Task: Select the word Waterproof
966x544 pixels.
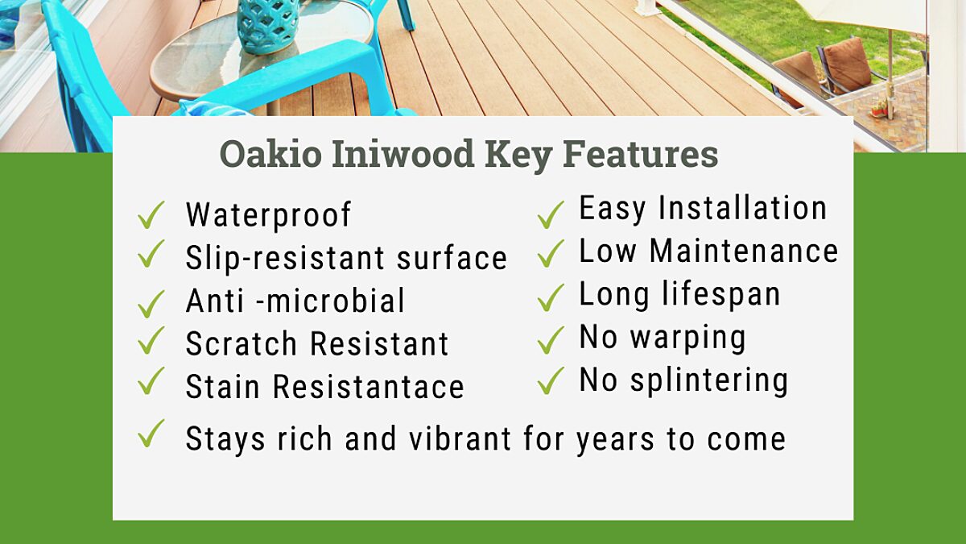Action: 268,215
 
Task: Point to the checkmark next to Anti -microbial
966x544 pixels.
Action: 151,303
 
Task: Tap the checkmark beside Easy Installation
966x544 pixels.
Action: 551,214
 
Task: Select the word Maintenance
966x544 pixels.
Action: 744,251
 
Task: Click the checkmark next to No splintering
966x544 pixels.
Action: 551,380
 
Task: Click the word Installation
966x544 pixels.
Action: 743,209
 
